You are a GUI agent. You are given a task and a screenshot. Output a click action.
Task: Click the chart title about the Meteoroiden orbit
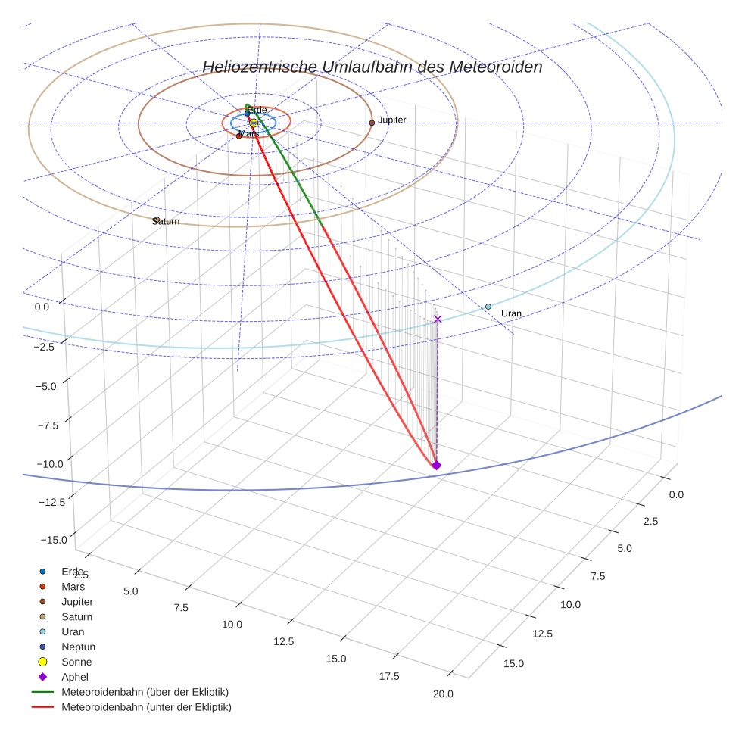pos(372,67)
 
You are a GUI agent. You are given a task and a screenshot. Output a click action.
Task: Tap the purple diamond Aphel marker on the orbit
pos(436,465)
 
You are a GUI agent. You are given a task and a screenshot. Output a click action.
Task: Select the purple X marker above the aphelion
pos(438,319)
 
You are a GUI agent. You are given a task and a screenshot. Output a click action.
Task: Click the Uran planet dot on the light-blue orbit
pos(488,307)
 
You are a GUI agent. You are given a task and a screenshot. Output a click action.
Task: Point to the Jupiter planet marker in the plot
pos(372,123)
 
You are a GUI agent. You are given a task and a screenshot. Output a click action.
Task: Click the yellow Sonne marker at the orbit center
pos(254,123)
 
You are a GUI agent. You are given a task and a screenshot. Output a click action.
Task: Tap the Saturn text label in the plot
pos(166,221)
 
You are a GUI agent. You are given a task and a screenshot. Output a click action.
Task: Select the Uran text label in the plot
pos(511,313)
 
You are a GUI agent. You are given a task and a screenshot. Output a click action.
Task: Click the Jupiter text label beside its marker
pos(392,120)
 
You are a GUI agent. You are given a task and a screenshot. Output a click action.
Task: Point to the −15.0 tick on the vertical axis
pos(55,540)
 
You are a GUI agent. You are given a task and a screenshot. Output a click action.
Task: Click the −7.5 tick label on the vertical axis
pos(48,425)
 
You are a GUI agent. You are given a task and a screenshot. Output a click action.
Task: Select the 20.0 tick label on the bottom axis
pos(443,694)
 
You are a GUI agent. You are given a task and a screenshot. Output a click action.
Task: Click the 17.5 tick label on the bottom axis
pos(389,676)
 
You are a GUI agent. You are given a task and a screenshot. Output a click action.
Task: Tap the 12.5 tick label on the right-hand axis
pos(542,634)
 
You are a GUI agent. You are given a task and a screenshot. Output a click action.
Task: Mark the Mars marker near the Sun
pos(238,136)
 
